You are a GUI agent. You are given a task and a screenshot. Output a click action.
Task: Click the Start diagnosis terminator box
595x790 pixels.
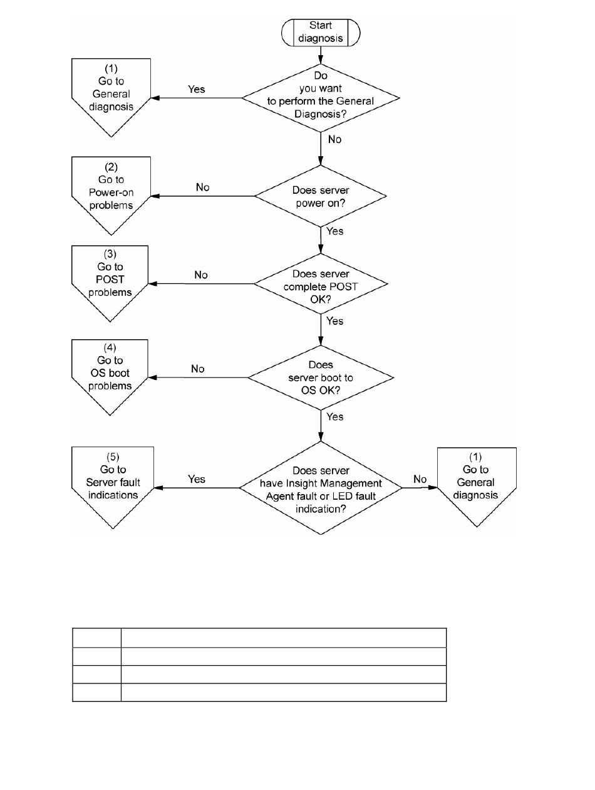[320, 33]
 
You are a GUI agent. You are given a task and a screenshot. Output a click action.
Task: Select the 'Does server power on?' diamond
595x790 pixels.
[320, 196]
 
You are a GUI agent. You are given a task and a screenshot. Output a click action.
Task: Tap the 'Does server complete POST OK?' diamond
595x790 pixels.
[320, 284]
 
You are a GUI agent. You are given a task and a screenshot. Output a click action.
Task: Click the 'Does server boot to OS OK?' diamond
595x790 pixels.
[320, 377]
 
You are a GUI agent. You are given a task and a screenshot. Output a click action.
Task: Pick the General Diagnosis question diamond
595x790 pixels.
[320, 98]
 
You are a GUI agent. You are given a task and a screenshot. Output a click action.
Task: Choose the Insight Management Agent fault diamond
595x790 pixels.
[320, 488]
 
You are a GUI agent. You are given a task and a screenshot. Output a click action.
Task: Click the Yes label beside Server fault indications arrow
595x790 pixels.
[197, 479]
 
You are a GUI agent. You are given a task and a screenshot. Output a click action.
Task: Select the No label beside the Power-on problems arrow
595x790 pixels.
[202, 187]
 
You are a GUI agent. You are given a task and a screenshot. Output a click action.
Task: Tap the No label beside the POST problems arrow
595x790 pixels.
[201, 275]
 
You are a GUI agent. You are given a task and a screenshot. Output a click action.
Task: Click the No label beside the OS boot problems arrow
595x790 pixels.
[198, 369]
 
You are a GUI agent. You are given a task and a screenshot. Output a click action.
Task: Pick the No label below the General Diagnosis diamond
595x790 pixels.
[334, 139]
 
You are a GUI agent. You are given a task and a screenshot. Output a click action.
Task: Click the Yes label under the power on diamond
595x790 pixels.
[334, 231]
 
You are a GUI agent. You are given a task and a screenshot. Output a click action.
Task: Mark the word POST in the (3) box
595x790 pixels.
[110, 279]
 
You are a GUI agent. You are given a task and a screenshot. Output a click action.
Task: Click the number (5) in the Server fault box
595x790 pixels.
[113, 456]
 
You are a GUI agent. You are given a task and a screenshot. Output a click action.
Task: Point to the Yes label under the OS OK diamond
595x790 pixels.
[334, 417]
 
